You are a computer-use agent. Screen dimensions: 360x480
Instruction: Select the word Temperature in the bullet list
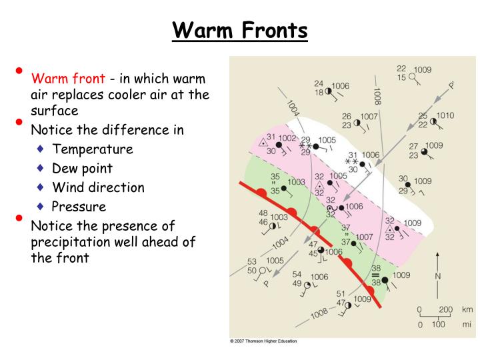point(93,149)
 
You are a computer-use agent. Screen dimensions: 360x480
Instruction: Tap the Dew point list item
point(82,168)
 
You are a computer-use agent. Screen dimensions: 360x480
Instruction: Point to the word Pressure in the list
point(79,207)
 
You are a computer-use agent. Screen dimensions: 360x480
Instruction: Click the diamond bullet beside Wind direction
point(41,187)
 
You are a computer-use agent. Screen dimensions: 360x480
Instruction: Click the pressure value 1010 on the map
point(445,115)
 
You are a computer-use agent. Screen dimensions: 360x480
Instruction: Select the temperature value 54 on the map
point(297,274)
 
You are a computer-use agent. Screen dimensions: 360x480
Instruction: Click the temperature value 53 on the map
point(252,261)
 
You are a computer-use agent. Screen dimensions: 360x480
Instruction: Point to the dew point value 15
point(401,77)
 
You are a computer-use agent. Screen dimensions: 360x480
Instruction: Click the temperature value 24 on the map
point(319,84)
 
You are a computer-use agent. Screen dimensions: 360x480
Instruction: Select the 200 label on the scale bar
point(445,309)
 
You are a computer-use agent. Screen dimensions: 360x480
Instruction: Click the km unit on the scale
point(467,309)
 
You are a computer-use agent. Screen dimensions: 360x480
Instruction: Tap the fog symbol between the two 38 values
point(375,275)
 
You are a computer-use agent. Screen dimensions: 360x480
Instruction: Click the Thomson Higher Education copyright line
point(263,341)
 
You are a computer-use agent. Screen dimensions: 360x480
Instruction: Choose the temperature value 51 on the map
point(341,293)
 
